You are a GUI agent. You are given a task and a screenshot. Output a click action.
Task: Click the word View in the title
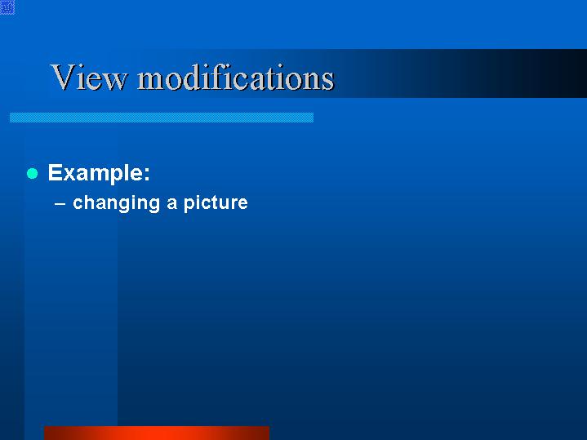pyautogui.click(x=89, y=77)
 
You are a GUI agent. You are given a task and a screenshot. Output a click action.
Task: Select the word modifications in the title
pyautogui.click(x=235, y=77)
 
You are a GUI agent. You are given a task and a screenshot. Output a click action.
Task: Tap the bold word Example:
pyautogui.click(x=99, y=173)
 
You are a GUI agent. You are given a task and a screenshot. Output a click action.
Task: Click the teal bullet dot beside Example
pyautogui.click(x=33, y=173)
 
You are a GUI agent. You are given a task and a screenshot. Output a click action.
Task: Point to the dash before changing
pyautogui.click(x=60, y=204)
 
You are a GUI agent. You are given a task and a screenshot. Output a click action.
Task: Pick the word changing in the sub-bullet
pyautogui.click(x=117, y=203)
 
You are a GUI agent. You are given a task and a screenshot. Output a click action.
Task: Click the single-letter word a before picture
pyautogui.click(x=171, y=203)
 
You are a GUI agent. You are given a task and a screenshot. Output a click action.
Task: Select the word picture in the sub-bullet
pyautogui.click(x=216, y=203)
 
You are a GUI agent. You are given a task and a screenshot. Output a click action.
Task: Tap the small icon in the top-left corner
pyautogui.click(x=7, y=7)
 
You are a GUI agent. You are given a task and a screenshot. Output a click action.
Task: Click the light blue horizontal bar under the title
pyautogui.click(x=162, y=118)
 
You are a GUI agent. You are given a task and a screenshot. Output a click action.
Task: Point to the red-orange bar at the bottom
pyautogui.click(x=157, y=433)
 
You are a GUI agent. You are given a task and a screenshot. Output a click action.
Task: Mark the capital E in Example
pyautogui.click(x=55, y=173)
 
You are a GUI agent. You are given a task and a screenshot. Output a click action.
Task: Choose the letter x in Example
pyautogui.click(x=70, y=175)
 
